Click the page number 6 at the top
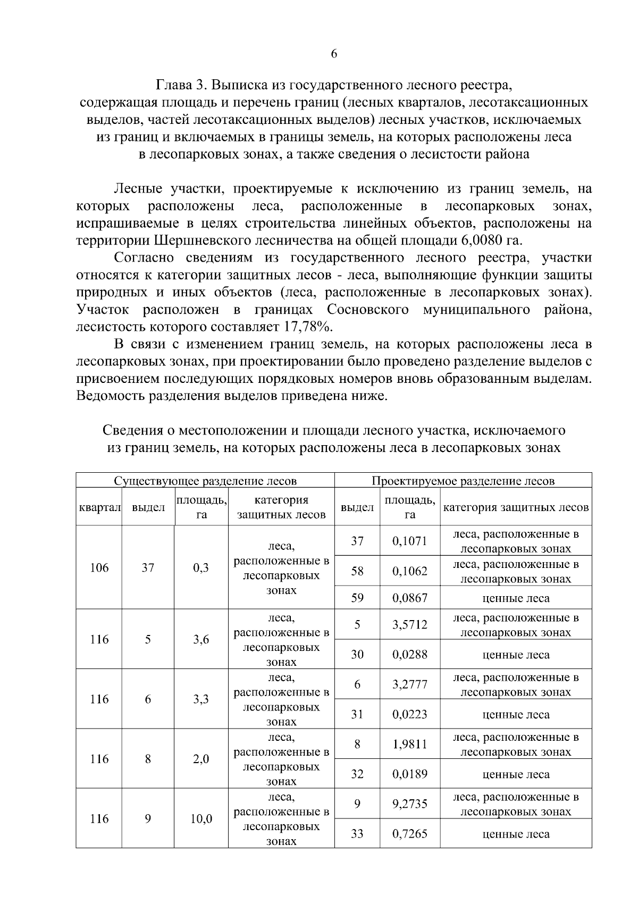[x=334, y=54]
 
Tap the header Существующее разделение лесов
[x=205, y=481]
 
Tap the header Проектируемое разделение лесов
[x=463, y=481]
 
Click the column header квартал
[x=99, y=507]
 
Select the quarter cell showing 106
[x=99, y=567]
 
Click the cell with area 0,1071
[x=409, y=541]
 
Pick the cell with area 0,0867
[x=409, y=598]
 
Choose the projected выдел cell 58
[x=357, y=571]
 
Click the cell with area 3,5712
[x=409, y=624]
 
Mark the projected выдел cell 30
[x=357, y=654]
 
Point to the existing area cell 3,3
[x=200, y=699]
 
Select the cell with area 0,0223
[x=409, y=714]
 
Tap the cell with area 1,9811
[x=409, y=744]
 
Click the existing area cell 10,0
[x=200, y=818]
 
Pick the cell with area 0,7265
[x=409, y=834]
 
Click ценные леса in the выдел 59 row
[x=515, y=598]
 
